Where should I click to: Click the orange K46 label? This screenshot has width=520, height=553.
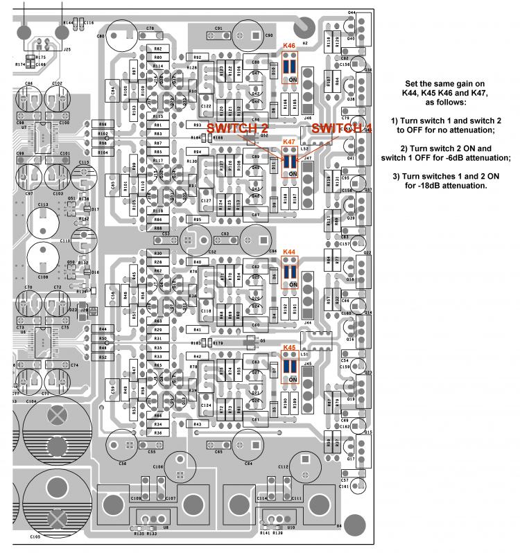(289, 46)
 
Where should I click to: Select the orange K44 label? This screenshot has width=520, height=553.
(289, 252)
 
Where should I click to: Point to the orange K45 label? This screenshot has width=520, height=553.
(289, 347)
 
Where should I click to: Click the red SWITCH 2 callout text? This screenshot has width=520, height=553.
(238, 128)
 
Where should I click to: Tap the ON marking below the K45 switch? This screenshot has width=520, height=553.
(293, 380)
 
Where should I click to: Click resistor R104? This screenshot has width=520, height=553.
(103, 152)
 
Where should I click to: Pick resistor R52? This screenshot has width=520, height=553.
(103, 357)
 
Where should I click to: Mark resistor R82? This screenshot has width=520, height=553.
(158, 48)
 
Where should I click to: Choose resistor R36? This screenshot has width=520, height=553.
(158, 432)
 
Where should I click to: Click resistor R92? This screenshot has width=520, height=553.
(198, 57)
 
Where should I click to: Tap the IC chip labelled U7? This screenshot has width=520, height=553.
(40, 135)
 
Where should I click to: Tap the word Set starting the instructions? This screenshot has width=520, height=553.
(413, 84)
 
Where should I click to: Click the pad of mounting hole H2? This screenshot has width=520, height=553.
(303, 28)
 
